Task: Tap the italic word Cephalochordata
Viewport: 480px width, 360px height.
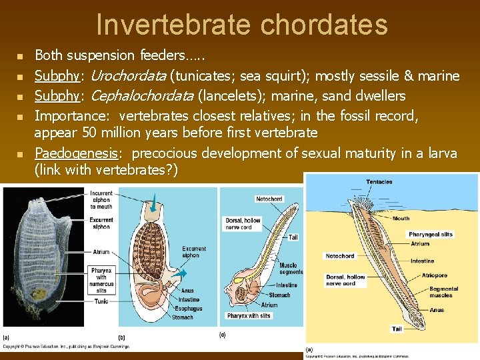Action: click(x=141, y=95)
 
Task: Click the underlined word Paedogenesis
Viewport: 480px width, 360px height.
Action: click(x=75, y=153)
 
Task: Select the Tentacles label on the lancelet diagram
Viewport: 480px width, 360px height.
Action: click(x=379, y=181)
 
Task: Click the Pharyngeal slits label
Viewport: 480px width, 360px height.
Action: click(x=430, y=234)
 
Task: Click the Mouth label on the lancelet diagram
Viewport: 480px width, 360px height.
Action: click(x=401, y=218)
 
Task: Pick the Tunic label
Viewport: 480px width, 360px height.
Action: click(x=102, y=301)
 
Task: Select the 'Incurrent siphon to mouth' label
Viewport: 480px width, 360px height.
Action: click(x=101, y=200)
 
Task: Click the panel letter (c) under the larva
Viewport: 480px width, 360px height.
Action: click(x=223, y=335)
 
